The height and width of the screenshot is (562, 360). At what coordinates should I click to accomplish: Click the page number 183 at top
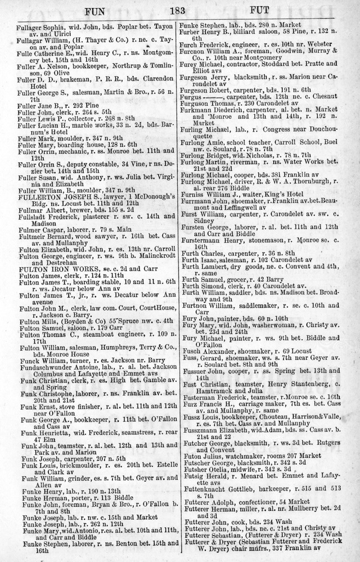coord(179,9)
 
